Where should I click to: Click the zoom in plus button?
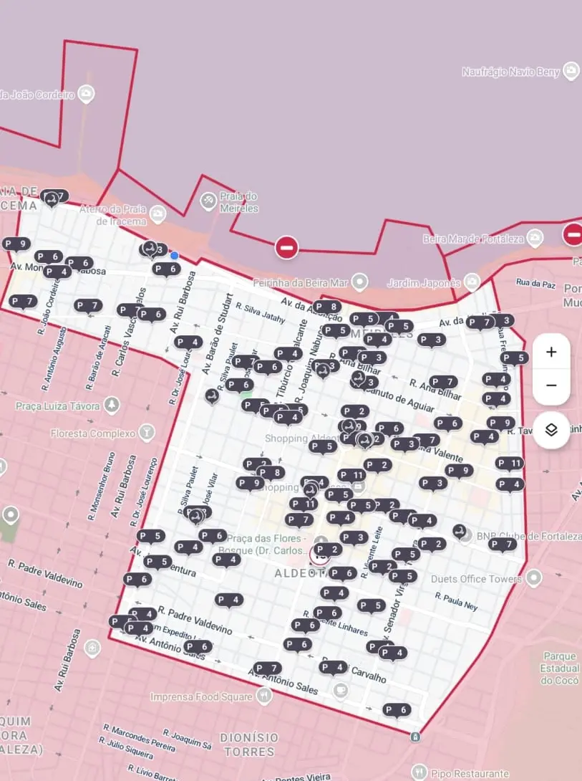tap(551, 352)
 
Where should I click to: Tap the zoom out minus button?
tap(551, 385)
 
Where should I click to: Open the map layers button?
tap(551, 430)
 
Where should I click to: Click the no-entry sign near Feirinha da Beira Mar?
tap(286, 247)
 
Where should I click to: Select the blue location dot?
tap(174, 255)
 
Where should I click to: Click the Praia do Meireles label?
tap(239, 202)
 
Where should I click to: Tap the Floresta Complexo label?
tap(93, 433)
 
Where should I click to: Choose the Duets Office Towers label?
tap(477, 578)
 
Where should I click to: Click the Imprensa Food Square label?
tap(201, 696)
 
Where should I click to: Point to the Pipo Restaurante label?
tap(470, 773)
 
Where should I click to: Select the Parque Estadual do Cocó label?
tap(559, 668)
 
